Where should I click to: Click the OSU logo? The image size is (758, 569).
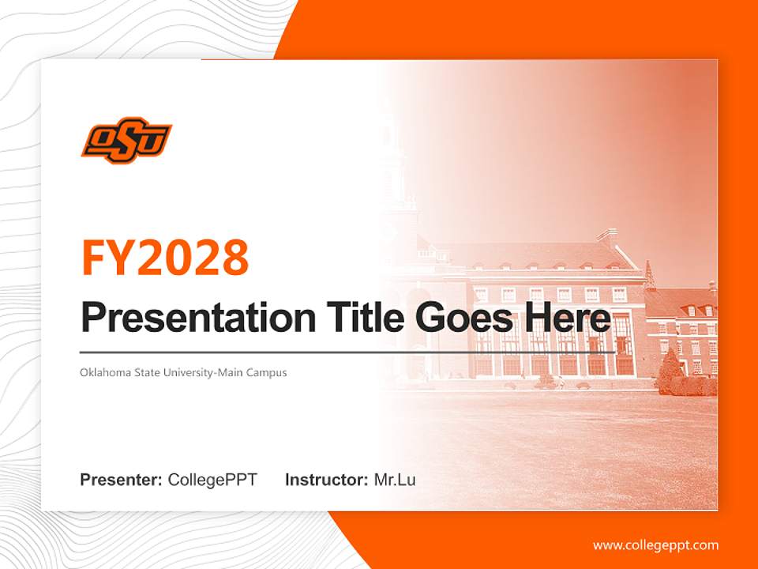pos(126,142)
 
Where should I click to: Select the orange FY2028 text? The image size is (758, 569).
pos(165,258)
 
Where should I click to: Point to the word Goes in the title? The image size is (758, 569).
pos(456,318)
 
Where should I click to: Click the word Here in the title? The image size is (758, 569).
pos(566,318)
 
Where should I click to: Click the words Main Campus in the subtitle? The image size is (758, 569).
pos(256,372)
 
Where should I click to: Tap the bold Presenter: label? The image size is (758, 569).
pos(122,480)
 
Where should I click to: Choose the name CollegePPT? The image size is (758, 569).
pos(212,480)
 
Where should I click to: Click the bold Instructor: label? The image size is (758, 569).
pos(326,480)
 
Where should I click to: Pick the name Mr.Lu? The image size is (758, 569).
pos(395,480)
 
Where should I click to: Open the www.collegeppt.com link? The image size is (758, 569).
pos(655,545)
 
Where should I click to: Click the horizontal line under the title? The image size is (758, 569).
pos(347,352)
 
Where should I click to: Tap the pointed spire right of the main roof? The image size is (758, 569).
pos(649,274)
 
